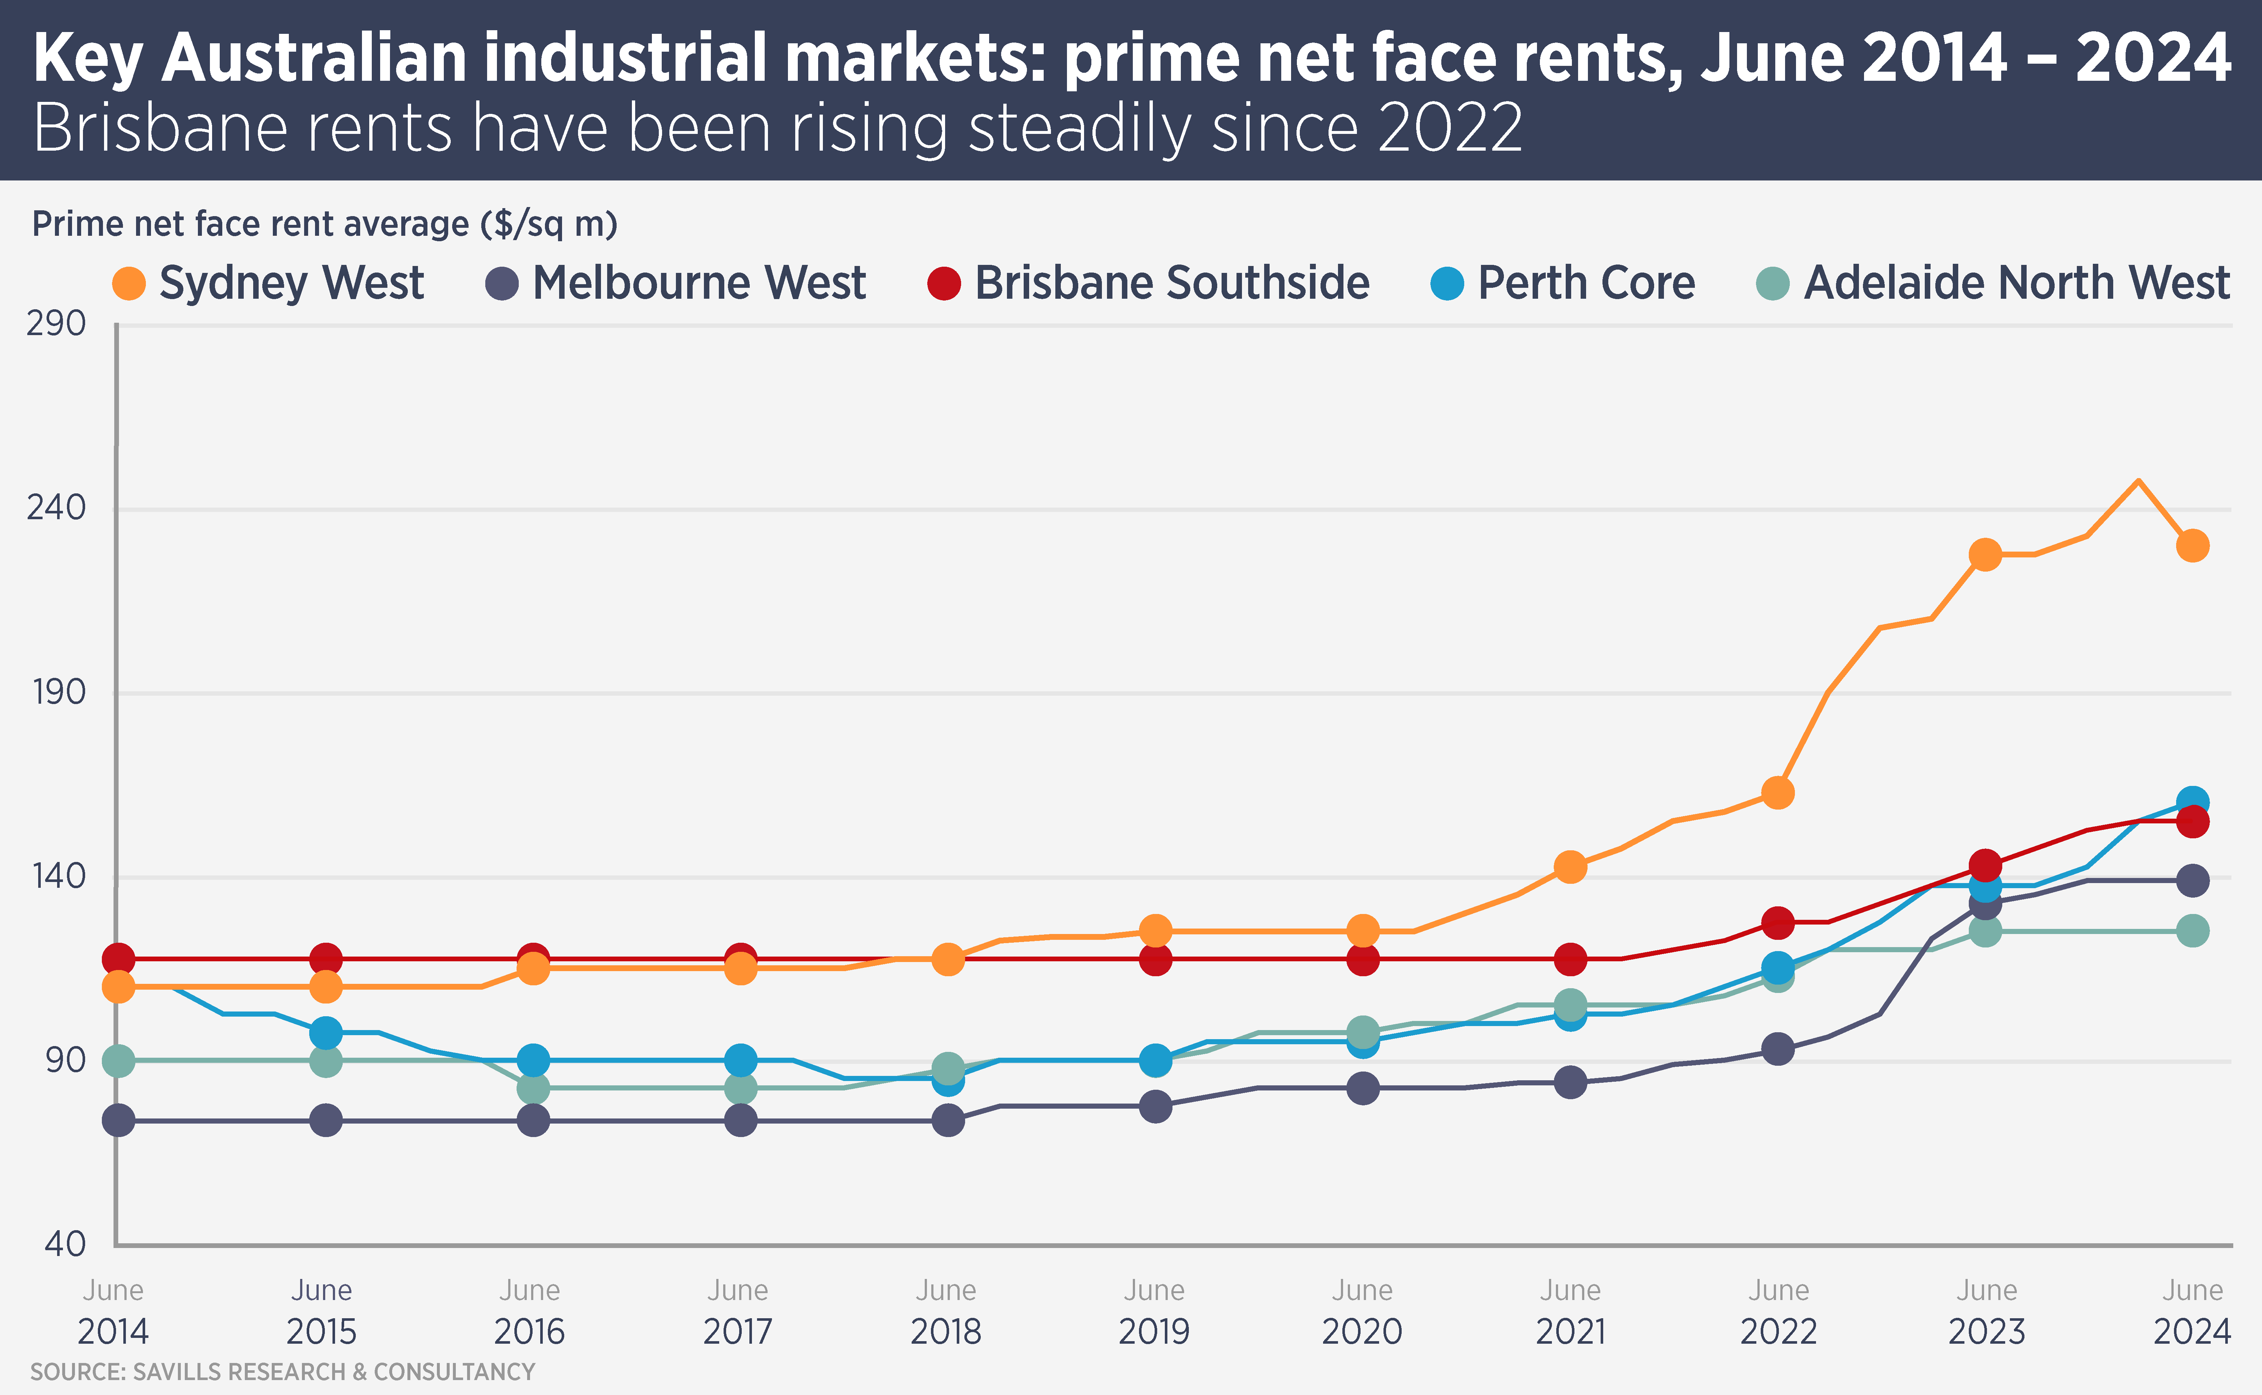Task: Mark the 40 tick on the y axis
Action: [x=65, y=1244]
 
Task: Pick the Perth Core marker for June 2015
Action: [x=326, y=1032]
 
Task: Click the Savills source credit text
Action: [x=282, y=1372]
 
